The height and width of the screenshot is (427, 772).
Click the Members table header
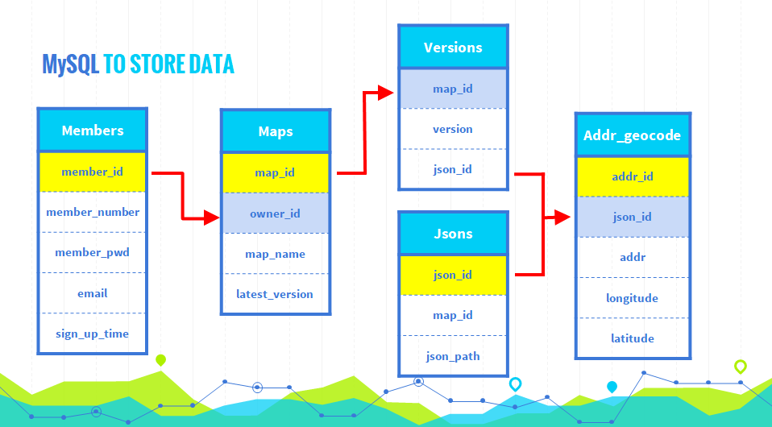click(93, 131)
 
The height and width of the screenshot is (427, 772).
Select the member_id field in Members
click(93, 172)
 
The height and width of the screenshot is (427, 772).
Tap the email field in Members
click(93, 293)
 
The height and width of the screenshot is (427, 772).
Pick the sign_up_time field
click(93, 334)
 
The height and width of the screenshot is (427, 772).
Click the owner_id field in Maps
click(276, 213)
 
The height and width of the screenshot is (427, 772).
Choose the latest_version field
click(276, 294)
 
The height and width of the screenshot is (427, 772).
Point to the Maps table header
click(276, 131)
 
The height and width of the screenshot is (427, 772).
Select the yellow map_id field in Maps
click(276, 173)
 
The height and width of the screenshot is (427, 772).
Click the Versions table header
click(453, 48)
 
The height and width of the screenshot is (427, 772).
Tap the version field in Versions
click(453, 129)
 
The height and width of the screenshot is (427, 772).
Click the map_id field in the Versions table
click(453, 89)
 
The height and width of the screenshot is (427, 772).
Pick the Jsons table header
click(453, 234)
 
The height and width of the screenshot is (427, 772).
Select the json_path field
click(453, 356)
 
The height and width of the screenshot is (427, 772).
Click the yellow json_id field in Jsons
click(453, 275)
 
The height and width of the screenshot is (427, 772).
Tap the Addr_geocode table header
click(633, 135)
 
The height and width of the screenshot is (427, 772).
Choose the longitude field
click(633, 298)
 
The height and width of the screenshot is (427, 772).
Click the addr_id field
click(633, 176)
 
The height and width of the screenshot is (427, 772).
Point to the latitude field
click(633, 338)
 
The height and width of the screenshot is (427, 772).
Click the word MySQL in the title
click(70, 64)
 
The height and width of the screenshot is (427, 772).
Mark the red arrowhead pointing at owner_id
click(212, 218)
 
